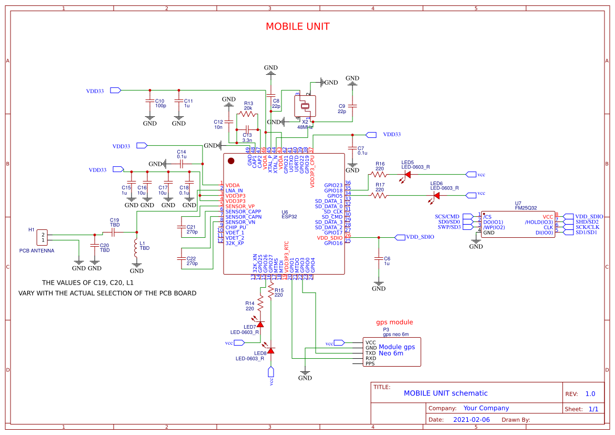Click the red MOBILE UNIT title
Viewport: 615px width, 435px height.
click(x=297, y=27)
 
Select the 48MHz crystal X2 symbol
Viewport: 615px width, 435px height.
click(x=305, y=107)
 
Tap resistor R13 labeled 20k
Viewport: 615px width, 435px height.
click(x=247, y=114)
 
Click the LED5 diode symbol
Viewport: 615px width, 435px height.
click(x=407, y=174)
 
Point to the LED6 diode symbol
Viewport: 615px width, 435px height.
click(x=436, y=195)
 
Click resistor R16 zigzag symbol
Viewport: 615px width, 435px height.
click(x=378, y=174)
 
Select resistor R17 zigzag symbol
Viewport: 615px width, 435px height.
click(x=378, y=195)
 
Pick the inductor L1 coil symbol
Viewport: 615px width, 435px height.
click(x=136, y=251)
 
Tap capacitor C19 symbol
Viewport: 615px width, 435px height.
click(x=114, y=232)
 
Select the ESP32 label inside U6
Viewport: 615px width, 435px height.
click(x=289, y=216)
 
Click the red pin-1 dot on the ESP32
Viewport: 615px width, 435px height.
click(x=230, y=160)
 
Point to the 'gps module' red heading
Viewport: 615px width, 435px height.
click(x=394, y=322)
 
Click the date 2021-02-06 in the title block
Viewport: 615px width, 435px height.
click(x=471, y=420)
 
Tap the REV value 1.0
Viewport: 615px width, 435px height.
click(x=590, y=394)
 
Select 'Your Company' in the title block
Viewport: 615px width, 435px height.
click(x=486, y=408)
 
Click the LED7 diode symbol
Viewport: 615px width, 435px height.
click(x=260, y=324)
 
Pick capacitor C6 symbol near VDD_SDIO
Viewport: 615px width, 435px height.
click(x=378, y=259)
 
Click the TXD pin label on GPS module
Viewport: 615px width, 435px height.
click(x=370, y=353)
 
